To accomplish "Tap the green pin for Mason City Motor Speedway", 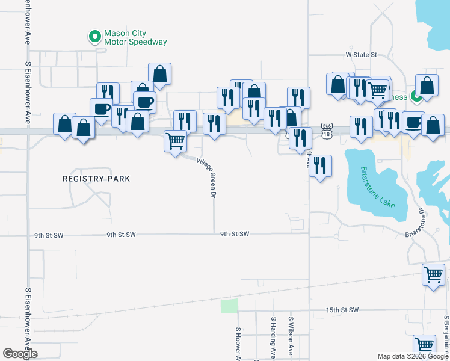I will pyautogui.click(x=94, y=37).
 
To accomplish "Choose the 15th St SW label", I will pyautogui.click(x=342, y=310).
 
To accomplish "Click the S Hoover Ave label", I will pyautogui.click(x=238, y=344).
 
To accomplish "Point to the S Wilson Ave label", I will pyautogui.click(x=291, y=337).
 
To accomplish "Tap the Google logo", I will pyautogui.click(x=20, y=354).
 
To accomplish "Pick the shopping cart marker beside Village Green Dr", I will pyautogui.click(x=175, y=141).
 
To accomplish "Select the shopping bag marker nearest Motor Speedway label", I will pyautogui.click(x=159, y=74).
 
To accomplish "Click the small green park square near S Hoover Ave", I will pyautogui.click(x=229, y=306).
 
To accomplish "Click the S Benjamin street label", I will pyautogui.click(x=446, y=334).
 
